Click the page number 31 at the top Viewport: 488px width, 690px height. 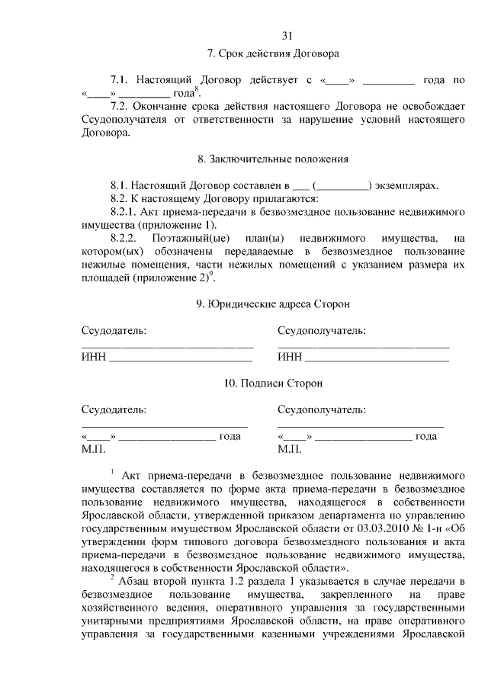pyautogui.click(x=287, y=35)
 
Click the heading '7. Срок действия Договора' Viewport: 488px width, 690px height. pyautogui.click(x=273, y=54)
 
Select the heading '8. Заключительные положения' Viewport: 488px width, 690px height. pyautogui.click(x=273, y=159)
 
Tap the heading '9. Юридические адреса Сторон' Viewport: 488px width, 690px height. pyautogui.click(x=273, y=304)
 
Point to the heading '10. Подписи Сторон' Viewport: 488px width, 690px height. pyautogui.click(x=273, y=384)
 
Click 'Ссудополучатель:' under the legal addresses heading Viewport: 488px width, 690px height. pyautogui.click(x=321, y=331)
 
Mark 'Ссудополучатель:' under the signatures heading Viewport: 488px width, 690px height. pyautogui.click(x=321, y=410)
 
